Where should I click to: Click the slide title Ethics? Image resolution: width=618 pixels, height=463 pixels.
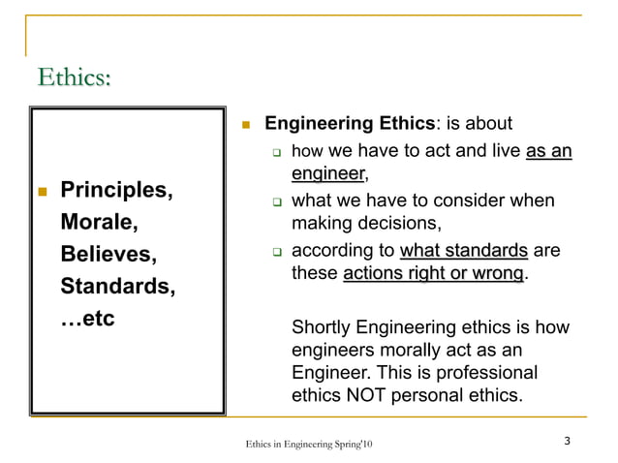73,77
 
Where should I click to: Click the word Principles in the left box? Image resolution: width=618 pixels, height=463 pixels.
116,189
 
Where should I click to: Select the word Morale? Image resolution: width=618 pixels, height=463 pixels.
99,222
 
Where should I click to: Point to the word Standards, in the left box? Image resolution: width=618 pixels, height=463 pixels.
118,288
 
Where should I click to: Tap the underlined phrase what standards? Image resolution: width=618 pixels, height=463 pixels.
463,251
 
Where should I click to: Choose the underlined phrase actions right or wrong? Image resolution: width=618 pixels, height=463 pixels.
433,274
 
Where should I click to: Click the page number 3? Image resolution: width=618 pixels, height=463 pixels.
567,442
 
